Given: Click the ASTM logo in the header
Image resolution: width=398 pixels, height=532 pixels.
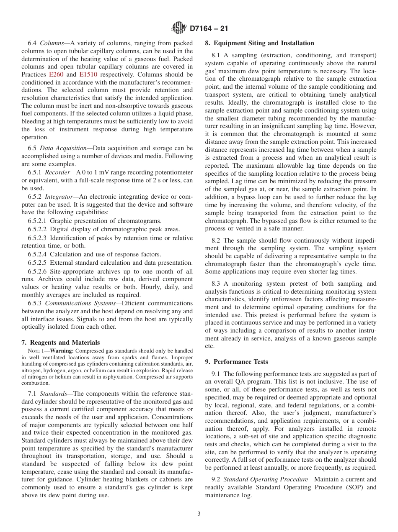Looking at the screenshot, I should (x=179, y=28).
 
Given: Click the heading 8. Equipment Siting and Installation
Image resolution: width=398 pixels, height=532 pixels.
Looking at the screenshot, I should (x=259, y=43).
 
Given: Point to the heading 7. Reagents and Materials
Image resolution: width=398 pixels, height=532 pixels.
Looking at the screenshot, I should (x=61, y=343).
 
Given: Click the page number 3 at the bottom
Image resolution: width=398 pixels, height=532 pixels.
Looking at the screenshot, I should (x=199, y=514).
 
